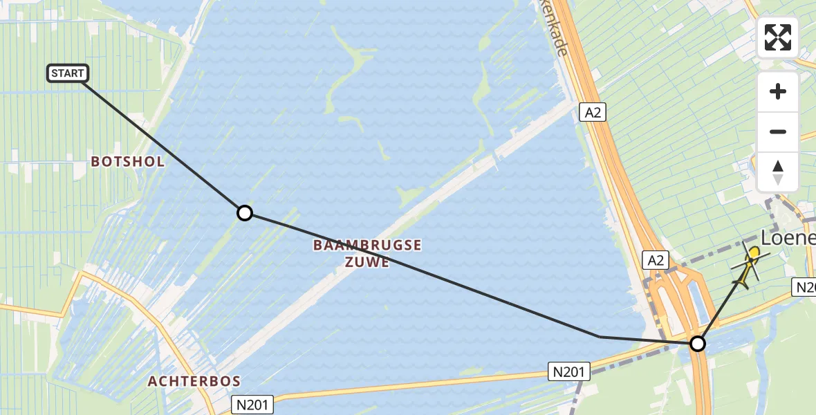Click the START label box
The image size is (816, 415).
click(68, 73)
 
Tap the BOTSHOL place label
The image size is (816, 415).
click(129, 162)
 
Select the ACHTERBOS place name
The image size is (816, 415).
click(194, 381)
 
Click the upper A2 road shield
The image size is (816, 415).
click(593, 112)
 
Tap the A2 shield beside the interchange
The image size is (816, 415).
click(656, 260)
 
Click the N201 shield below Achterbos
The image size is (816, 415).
click(252, 404)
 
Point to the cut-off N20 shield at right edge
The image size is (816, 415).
click(805, 287)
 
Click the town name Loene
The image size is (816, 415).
click(788, 238)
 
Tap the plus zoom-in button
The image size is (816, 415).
click(778, 91)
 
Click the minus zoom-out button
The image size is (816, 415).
click(778, 131)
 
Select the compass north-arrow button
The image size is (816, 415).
click(778, 172)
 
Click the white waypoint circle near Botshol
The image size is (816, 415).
click(244, 213)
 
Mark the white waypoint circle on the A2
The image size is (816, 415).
click(698, 343)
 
